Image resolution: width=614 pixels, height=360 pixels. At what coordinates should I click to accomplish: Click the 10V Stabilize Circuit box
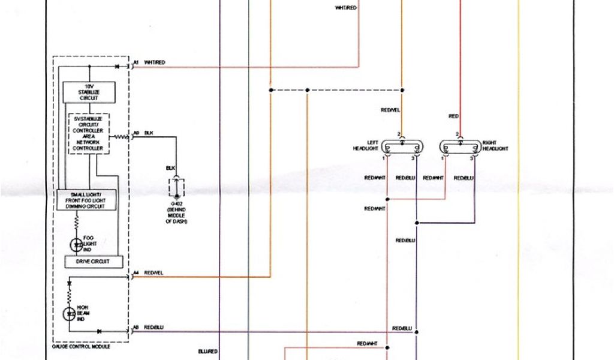(89, 92)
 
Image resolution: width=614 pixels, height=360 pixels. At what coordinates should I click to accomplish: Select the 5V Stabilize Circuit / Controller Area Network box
(89, 134)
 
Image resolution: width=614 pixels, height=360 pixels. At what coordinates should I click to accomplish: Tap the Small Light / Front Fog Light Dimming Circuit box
(86, 200)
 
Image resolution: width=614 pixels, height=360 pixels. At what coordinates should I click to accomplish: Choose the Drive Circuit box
(94, 262)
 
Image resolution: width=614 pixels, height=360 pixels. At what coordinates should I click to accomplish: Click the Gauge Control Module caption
(82, 347)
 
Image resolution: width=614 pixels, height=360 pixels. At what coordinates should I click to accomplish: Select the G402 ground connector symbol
(176, 187)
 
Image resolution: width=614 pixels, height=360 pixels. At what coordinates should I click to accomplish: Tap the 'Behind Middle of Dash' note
(176, 217)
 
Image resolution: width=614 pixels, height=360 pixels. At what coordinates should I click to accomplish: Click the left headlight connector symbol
(402, 147)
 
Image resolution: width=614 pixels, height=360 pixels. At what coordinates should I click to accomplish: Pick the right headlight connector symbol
(460, 147)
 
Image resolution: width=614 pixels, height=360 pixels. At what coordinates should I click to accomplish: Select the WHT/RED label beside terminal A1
(155, 62)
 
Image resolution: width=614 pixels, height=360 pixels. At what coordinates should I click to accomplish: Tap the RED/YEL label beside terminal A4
(153, 273)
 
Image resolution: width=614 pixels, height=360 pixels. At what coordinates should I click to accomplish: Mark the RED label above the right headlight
(453, 115)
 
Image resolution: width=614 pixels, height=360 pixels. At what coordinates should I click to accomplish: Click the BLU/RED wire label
(207, 350)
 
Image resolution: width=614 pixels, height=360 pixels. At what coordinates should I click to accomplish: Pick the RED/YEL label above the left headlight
(390, 110)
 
